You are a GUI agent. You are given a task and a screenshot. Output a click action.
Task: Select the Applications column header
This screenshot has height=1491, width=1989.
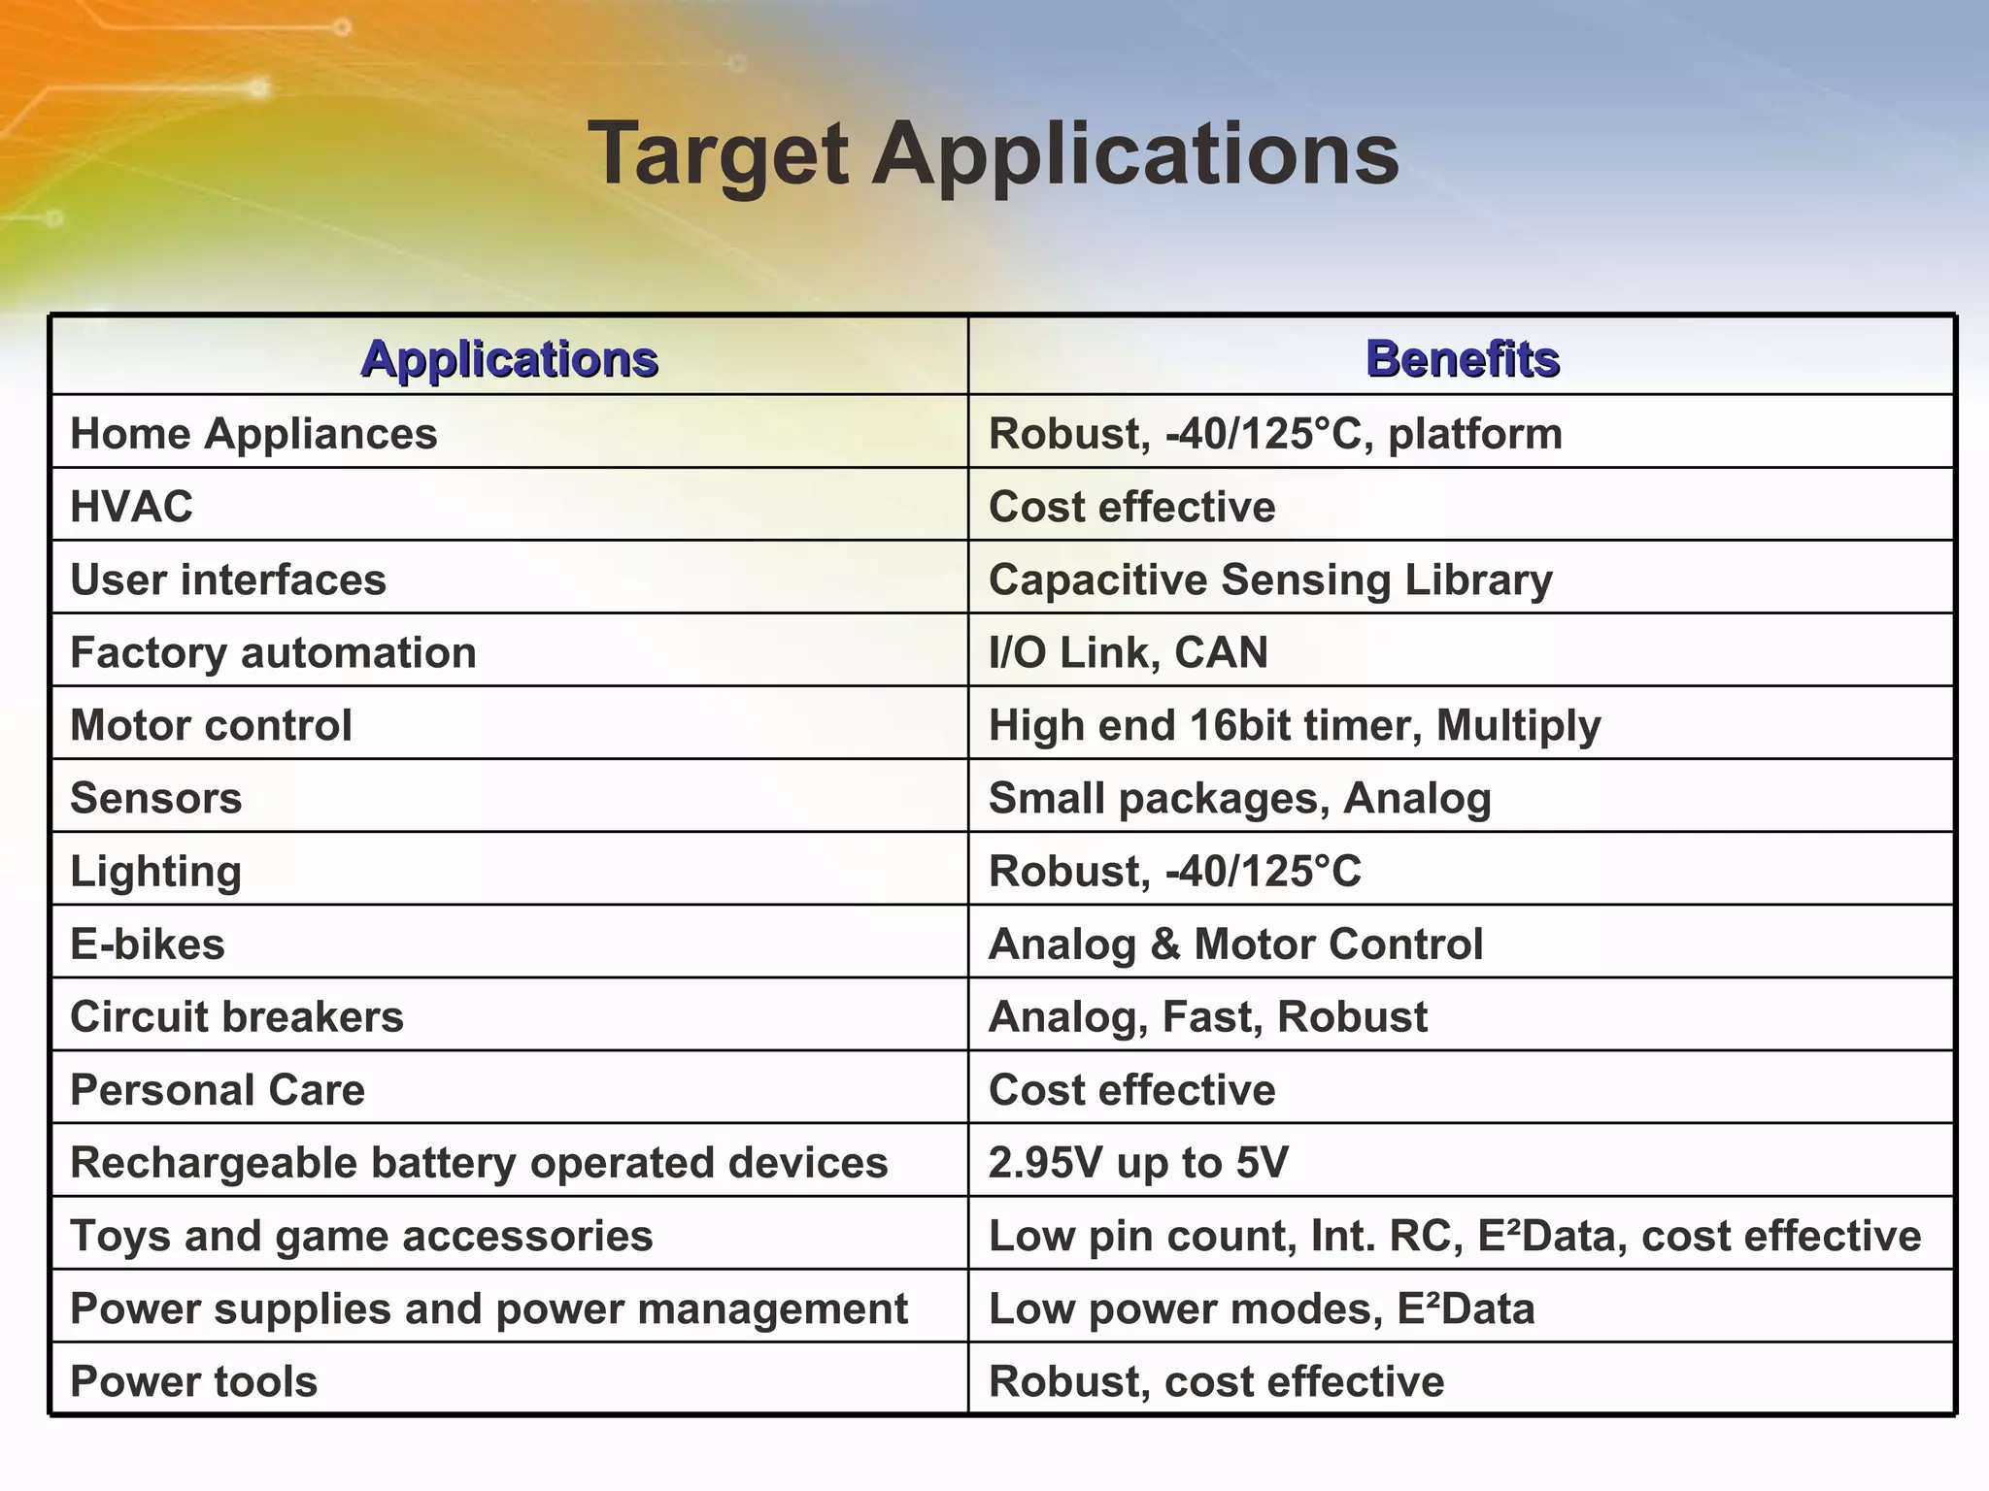click(509, 358)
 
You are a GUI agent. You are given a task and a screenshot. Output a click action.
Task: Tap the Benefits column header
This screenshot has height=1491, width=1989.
click(1462, 358)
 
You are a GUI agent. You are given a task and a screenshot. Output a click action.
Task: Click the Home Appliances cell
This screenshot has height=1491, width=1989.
click(253, 433)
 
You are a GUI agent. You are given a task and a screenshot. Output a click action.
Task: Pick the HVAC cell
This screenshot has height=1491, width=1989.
click(132, 506)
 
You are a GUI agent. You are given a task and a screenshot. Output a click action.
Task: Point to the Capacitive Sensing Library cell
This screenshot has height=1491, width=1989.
click(1270, 580)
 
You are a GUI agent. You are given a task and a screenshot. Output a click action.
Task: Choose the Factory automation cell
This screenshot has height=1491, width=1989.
click(273, 652)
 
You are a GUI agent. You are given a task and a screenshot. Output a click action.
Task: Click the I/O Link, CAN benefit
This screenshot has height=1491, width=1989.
click(1128, 652)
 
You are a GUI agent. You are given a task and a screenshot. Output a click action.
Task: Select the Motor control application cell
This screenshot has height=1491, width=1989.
click(211, 725)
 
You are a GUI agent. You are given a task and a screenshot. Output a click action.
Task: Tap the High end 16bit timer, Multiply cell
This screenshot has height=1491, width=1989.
click(1294, 725)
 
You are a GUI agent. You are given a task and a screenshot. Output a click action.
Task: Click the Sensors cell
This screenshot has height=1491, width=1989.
click(156, 798)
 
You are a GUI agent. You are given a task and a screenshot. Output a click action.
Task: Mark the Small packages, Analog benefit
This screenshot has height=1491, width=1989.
click(1239, 798)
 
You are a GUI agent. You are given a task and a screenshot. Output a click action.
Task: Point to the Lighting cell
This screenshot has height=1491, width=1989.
click(156, 871)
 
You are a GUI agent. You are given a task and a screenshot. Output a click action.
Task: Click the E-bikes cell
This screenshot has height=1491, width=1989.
click(148, 944)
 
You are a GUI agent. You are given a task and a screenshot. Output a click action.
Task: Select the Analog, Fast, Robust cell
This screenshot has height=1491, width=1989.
click(1207, 1016)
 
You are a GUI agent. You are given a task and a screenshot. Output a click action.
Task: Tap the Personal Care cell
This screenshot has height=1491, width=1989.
click(218, 1089)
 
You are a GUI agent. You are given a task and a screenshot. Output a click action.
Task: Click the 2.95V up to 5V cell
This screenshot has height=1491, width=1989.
click(1138, 1162)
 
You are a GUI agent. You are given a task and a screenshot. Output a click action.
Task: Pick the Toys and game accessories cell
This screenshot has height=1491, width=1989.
click(361, 1236)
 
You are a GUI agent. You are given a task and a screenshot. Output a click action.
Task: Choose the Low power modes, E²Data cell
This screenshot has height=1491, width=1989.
click(1261, 1309)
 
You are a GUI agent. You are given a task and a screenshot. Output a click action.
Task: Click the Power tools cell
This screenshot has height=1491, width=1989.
click(194, 1381)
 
